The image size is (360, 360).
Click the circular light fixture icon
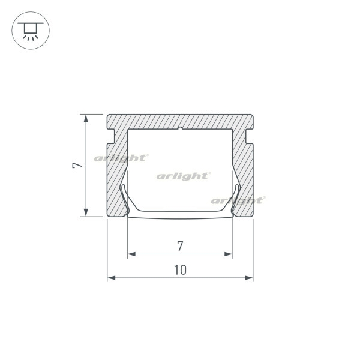(x=31, y=31)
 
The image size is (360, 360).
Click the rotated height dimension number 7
(x=77, y=166)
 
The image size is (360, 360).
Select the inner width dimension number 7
(x=180, y=246)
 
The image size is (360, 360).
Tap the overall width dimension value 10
(x=180, y=270)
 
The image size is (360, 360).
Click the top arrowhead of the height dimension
(x=86, y=118)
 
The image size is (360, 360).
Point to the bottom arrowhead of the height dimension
(x=86, y=212)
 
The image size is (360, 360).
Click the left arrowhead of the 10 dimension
(x=112, y=278)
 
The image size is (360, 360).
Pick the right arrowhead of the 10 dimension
(x=249, y=278)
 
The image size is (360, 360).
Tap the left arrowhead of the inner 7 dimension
(x=131, y=254)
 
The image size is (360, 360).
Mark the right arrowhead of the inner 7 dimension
(x=229, y=254)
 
